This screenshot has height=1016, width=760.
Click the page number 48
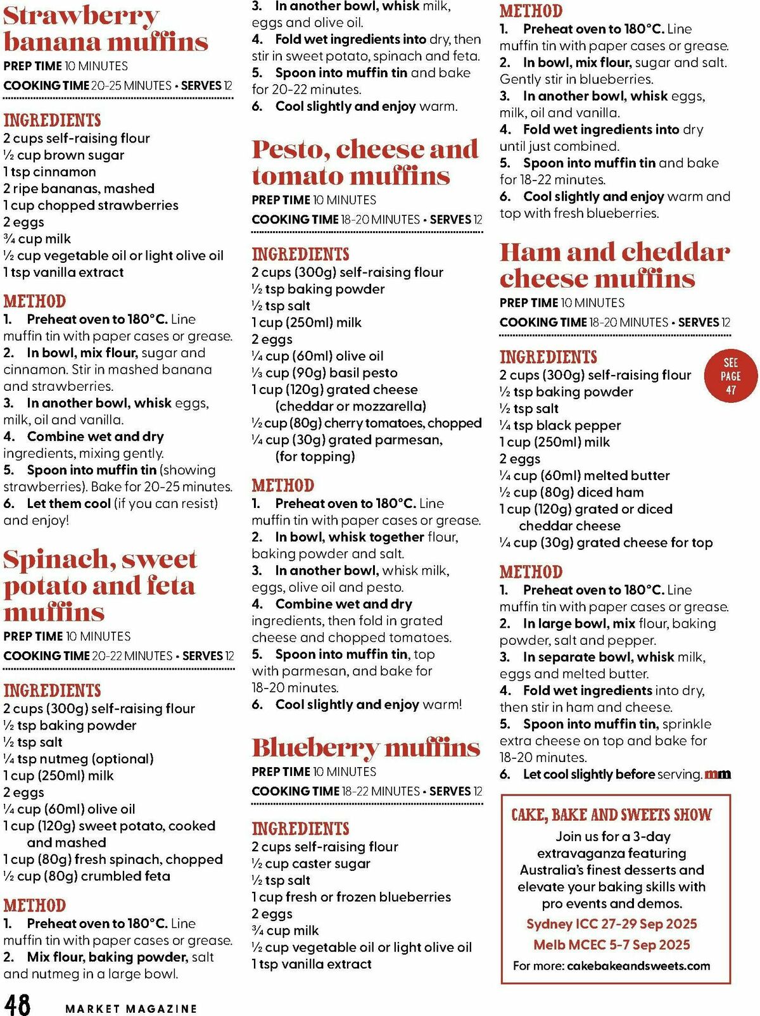(17, 1003)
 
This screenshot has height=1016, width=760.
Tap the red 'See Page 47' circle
(730, 376)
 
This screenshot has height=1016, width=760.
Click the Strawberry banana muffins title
(106, 29)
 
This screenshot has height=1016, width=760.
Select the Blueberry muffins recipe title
(365, 748)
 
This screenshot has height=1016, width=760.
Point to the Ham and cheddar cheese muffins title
(614, 265)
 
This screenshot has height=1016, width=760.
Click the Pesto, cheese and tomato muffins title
(365, 162)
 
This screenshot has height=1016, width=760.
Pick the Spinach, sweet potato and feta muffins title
(100, 585)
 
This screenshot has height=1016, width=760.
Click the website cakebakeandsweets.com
(638, 966)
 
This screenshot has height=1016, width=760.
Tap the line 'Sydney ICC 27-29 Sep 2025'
(611, 924)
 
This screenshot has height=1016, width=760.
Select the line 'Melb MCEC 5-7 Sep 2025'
(611, 944)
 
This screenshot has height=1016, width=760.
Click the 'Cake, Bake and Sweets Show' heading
(611, 815)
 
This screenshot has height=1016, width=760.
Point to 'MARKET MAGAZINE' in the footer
(131, 1008)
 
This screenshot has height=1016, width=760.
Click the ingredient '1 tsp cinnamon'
(50, 172)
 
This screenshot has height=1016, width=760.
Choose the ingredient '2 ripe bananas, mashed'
(79, 189)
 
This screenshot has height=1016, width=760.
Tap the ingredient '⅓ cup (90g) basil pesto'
(325, 373)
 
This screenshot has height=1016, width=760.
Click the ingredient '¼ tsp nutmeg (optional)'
(79, 759)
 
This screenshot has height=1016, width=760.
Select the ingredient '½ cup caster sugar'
(311, 864)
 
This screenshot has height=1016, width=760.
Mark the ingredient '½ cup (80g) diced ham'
(571, 492)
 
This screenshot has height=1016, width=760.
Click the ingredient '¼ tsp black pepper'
(560, 426)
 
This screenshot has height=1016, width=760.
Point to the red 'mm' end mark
(718, 774)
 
